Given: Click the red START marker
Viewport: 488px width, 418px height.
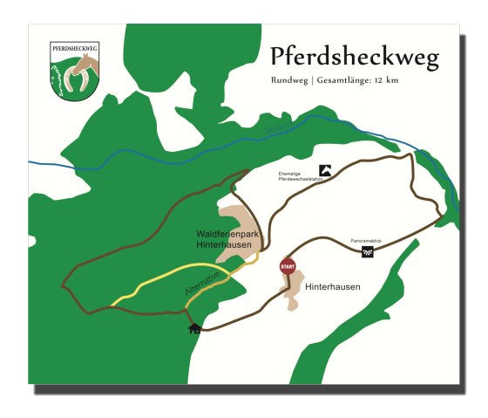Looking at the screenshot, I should (287, 266).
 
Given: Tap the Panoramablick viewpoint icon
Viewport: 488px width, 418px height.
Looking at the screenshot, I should (368, 253).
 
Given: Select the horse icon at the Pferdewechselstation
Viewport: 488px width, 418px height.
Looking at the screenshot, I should (325, 172).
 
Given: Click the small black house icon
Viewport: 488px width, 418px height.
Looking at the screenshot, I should (194, 328).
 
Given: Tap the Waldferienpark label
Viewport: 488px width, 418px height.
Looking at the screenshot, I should (224, 234).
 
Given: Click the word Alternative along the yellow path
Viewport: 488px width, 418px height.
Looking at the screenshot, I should (208, 281).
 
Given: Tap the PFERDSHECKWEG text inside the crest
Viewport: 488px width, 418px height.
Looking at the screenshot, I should (72, 49).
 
